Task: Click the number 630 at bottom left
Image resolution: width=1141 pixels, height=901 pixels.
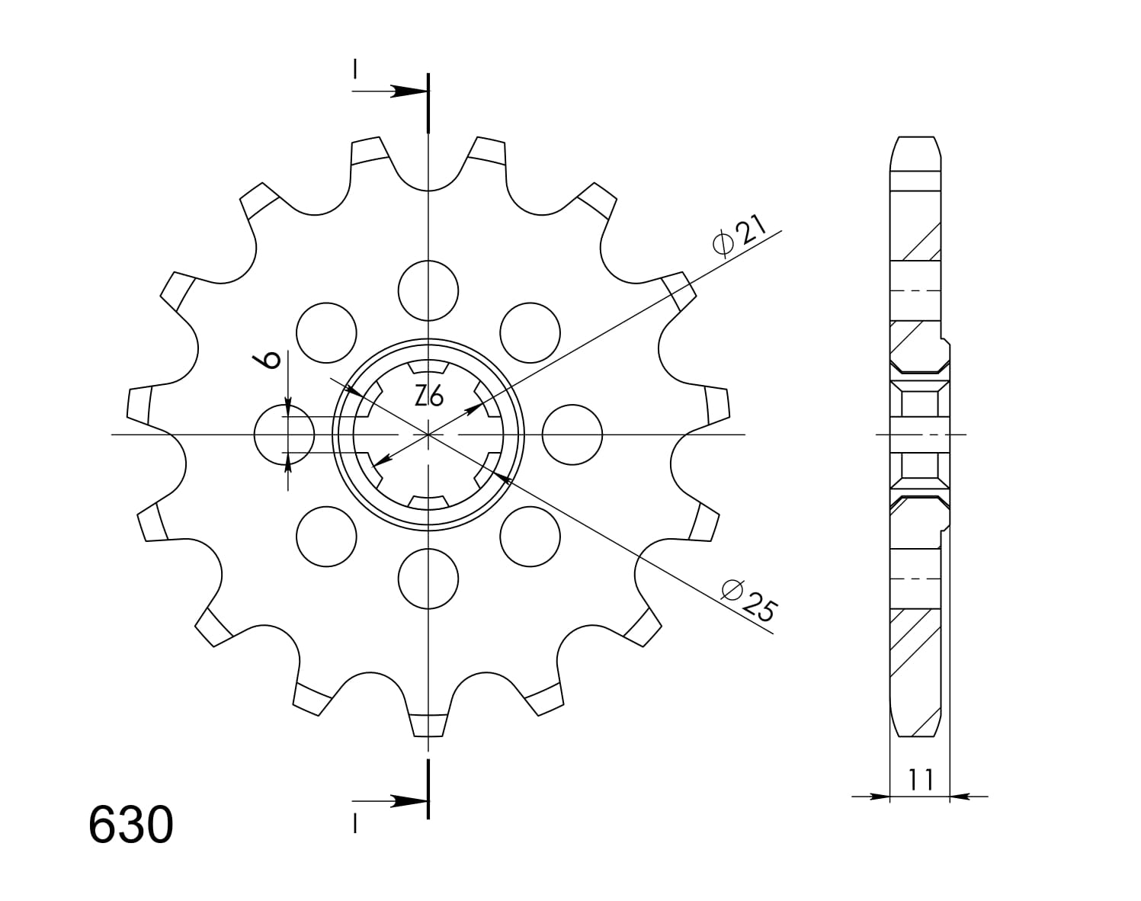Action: [x=131, y=826]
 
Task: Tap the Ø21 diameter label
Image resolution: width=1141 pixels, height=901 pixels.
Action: [x=736, y=237]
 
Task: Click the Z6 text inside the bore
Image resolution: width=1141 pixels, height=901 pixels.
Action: [x=429, y=396]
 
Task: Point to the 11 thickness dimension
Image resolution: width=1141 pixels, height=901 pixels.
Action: [x=920, y=779]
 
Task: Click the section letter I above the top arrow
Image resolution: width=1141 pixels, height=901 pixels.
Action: [x=355, y=70]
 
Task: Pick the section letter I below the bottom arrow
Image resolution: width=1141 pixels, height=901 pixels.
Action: [x=355, y=823]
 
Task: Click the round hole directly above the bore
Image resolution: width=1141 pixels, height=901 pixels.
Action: [x=428, y=290]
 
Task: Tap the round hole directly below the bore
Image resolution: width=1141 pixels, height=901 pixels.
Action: [x=428, y=578]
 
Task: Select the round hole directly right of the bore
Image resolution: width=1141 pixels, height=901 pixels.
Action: [x=572, y=434]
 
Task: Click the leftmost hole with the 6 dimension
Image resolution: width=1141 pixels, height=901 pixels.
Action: [x=284, y=434]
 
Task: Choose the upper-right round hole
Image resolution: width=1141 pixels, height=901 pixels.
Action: [x=530, y=333]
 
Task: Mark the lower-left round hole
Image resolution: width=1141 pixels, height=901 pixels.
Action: [x=326, y=536]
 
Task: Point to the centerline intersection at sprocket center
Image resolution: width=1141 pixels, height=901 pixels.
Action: [x=428, y=434]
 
